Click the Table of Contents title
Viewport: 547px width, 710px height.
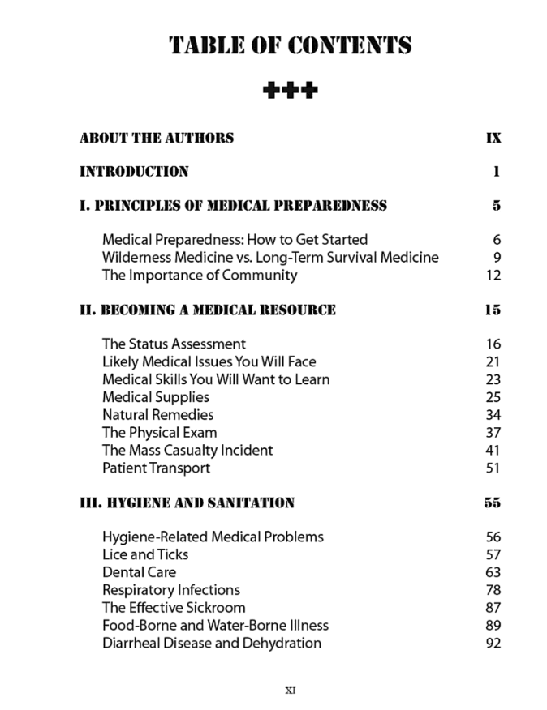[x=290, y=45]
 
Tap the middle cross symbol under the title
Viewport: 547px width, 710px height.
[x=290, y=89]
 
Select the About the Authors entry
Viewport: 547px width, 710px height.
[x=157, y=138]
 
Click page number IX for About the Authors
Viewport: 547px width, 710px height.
[x=493, y=138]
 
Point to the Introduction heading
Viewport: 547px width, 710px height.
[x=134, y=172]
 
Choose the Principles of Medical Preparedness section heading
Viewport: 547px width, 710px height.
[x=233, y=206]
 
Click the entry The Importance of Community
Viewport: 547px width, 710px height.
[x=200, y=275]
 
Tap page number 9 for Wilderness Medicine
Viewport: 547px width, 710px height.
[x=497, y=258]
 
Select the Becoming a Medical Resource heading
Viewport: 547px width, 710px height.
[x=207, y=310]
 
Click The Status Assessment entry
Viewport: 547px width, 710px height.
[x=174, y=344]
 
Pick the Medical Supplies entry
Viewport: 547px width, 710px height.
[x=156, y=397]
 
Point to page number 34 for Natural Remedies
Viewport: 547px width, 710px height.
[x=493, y=415]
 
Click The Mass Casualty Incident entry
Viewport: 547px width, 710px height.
[x=187, y=450]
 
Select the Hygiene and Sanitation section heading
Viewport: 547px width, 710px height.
[x=187, y=503]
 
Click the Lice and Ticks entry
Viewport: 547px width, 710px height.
[x=145, y=554]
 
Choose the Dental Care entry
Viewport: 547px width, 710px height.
[x=139, y=572]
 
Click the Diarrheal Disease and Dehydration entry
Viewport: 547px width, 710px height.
[x=212, y=644]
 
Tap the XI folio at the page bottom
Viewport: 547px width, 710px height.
[x=291, y=691]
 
